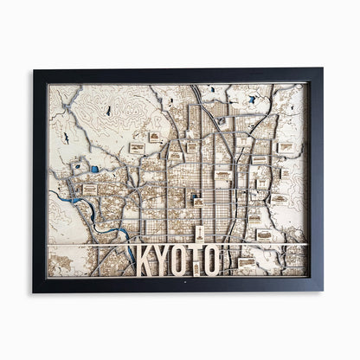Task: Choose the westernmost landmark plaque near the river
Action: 90,189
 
